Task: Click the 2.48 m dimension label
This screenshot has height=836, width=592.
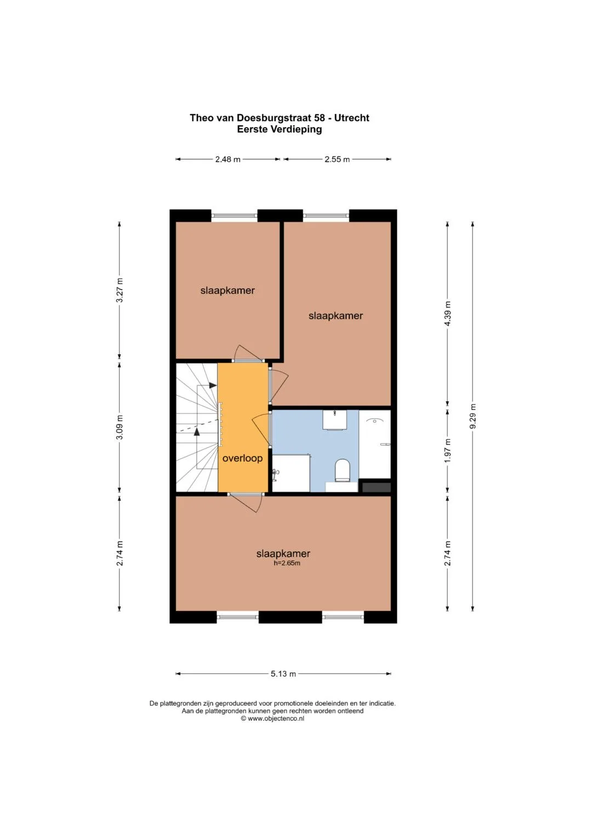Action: (x=227, y=159)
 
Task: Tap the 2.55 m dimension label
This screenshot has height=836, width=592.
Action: (x=337, y=159)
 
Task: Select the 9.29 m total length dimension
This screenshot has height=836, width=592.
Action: (x=473, y=416)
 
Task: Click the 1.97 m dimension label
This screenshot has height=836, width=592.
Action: (x=448, y=451)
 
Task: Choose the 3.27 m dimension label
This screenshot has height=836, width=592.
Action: (x=119, y=290)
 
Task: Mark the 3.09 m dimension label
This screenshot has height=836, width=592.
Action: (x=119, y=427)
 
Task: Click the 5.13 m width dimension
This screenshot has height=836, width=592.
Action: (x=283, y=673)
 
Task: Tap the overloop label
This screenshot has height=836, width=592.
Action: (x=242, y=458)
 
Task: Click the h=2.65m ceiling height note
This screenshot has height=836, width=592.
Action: (x=287, y=563)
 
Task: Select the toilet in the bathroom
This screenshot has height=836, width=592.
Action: (x=342, y=470)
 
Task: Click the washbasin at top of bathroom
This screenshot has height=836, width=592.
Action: (x=334, y=420)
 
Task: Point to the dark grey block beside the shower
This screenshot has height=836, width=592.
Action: (x=377, y=487)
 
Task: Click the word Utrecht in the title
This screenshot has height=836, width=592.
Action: (x=351, y=118)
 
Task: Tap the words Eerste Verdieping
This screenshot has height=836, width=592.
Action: (x=279, y=130)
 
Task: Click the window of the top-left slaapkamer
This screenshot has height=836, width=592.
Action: (x=235, y=216)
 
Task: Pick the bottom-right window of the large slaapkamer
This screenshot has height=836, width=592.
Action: (x=343, y=617)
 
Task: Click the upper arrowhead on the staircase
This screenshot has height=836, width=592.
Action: (x=213, y=385)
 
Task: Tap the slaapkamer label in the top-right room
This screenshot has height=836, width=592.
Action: (x=335, y=316)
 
